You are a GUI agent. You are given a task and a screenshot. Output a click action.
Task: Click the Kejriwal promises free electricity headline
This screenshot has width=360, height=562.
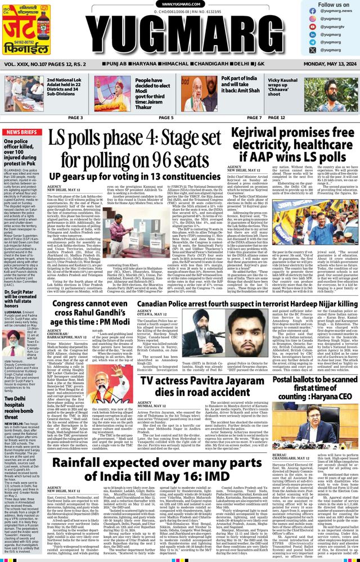(294, 143)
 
